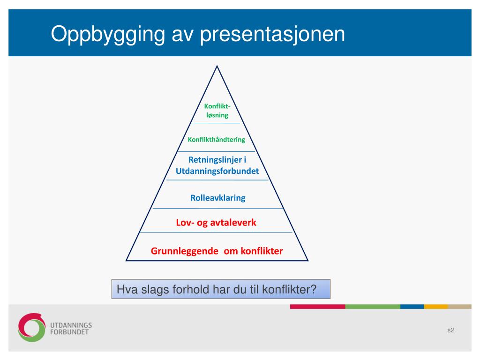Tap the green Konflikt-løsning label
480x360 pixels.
217,111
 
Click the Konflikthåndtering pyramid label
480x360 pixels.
217,140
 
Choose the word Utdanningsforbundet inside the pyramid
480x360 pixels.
217,171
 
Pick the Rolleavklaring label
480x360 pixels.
217,198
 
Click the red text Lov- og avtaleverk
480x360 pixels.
216,223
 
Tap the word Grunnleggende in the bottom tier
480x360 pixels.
184,251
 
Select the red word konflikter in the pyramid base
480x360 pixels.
262,251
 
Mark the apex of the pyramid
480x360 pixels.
217,66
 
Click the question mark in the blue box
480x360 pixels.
313,289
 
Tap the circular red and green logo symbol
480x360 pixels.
31,327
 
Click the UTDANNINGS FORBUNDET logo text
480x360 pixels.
71,329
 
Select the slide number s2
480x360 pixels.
451,330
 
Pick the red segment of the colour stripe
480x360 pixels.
318,307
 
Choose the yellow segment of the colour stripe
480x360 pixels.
436,307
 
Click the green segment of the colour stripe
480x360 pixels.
373,307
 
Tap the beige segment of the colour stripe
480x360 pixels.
459,307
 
